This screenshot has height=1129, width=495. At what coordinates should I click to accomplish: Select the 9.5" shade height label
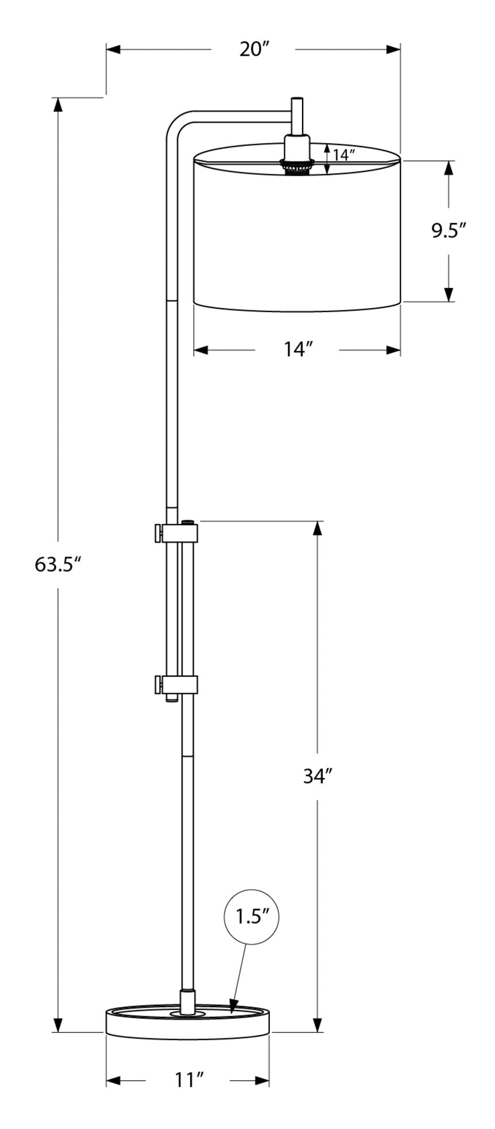point(448,231)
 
